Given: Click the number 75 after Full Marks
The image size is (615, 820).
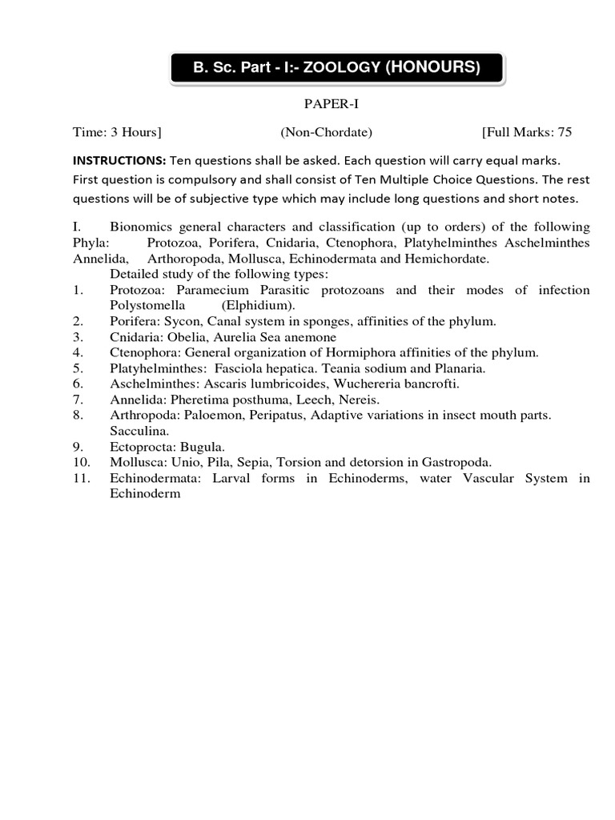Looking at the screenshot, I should [x=564, y=132].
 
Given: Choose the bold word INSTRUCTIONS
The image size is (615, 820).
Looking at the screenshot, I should [x=119, y=159].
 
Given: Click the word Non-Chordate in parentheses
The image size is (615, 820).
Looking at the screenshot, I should [x=326, y=132].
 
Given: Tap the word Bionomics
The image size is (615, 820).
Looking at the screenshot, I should [x=143, y=227].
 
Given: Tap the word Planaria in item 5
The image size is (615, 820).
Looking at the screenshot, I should [x=459, y=368].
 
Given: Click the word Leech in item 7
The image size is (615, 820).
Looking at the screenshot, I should [x=320, y=400].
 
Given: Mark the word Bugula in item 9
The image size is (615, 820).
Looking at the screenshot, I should [x=203, y=446].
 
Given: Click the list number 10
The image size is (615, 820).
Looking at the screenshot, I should [x=80, y=462].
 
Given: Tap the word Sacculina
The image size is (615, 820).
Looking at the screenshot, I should [x=137, y=431].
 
